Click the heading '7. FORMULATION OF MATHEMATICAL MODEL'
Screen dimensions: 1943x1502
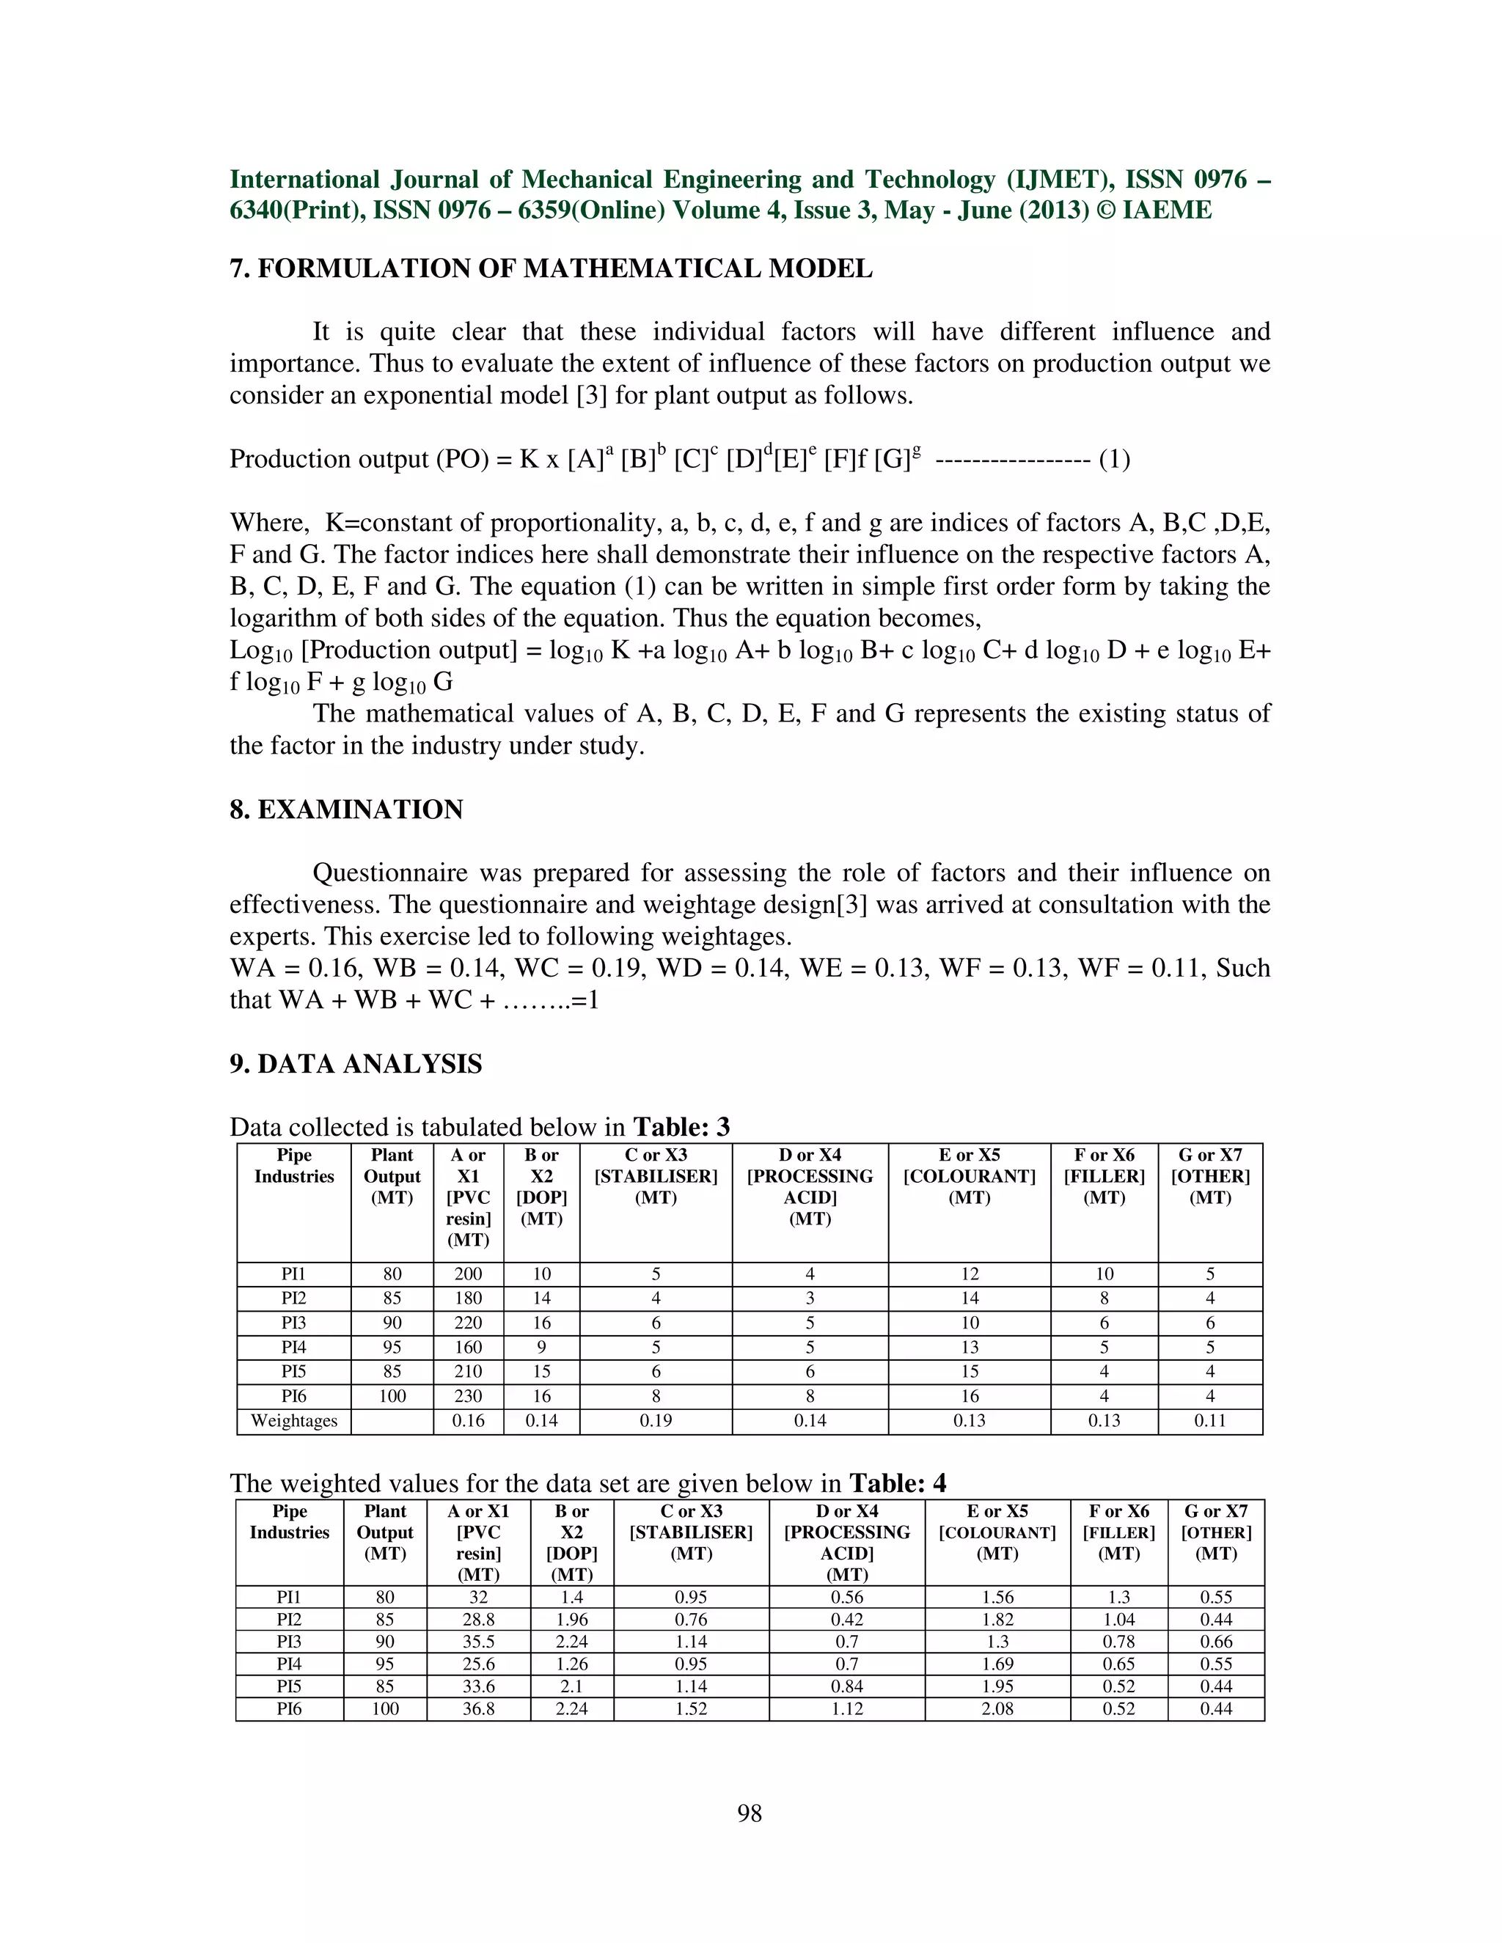(x=551, y=268)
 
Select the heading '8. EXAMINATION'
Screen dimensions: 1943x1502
(x=346, y=809)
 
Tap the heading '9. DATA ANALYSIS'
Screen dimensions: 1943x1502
(x=356, y=1064)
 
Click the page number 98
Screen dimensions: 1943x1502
(x=750, y=1813)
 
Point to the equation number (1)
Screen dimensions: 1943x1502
(x=1114, y=459)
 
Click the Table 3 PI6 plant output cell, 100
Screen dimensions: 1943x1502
(x=392, y=1396)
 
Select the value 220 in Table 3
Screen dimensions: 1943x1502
(x=468, y=1323)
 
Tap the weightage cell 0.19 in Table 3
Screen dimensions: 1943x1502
(x=656, y=1421)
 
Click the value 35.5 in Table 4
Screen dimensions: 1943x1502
(x=478, y=1642)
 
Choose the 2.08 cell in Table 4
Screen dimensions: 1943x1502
(x=997, y=1708)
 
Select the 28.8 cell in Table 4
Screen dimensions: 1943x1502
(x=478, y=1619)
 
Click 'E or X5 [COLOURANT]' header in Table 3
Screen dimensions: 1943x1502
(x=969, y=1176)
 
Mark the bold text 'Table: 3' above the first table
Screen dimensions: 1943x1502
(x=681, y=1127)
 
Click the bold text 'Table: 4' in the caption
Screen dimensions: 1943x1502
(x=897, y=1483)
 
